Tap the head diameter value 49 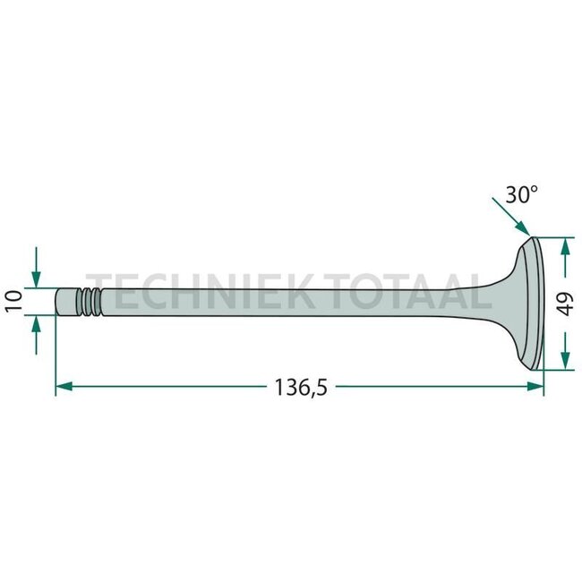(564, 303)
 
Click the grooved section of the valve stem (89, 301)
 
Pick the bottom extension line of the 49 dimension (555, 369)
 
